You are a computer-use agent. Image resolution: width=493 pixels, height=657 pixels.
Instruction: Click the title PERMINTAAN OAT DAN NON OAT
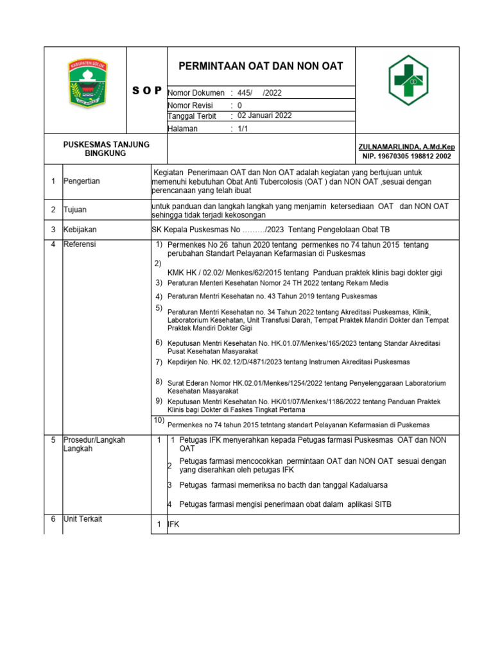(x=260, y=66)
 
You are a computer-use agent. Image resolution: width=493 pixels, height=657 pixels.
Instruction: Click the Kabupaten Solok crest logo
(x=87, y=83)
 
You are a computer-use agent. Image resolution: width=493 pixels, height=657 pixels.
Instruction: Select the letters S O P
(x=147, y=92)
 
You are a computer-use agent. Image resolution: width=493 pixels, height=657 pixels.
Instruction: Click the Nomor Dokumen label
(x=196, y=93)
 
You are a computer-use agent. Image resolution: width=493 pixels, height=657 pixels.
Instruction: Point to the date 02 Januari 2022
(x=264, y=116)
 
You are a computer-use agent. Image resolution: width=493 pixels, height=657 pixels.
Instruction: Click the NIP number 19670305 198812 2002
(x=406, y=156)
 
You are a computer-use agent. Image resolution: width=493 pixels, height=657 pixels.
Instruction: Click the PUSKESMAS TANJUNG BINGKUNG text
(x=106, y=149)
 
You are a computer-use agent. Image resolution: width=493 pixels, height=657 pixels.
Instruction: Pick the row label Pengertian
(x=83, y=182)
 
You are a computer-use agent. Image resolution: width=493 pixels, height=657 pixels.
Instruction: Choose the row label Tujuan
(x=75, y=210)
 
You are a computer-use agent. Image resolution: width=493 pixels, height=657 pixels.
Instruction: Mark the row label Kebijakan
(x=80, y=229)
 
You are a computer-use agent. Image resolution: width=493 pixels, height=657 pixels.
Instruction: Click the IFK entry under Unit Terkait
(x=173, y=525)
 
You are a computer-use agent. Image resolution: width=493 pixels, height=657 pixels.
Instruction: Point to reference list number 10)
(x=159, y=420)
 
